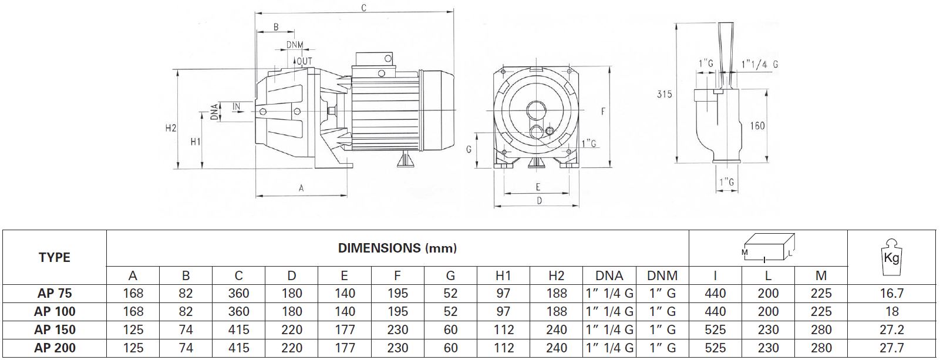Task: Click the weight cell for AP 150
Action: [891, 330]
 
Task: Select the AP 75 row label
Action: [55, 293]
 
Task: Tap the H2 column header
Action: [556, 275]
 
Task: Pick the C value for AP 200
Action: [238, 348]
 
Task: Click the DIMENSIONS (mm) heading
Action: [397, 248]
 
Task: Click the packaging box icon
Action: [768, 248]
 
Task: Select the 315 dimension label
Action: [664, 95]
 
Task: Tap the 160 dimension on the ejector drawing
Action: [757, 126]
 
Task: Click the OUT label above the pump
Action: [305, 62]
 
